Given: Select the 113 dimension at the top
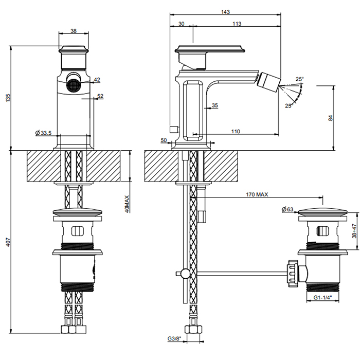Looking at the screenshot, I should [x=237, y=24].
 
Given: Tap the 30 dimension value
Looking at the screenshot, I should [x=181, y=24].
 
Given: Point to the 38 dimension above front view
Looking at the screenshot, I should [x=73, y=31].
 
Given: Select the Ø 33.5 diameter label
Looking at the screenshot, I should [x=43, y=133].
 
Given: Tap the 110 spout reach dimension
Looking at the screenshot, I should [x=236, y=132].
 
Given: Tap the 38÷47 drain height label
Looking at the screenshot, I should [x=353, y=232].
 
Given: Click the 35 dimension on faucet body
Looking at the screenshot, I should [x=214, y=105].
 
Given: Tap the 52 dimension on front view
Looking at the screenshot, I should [x=100, y=96].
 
